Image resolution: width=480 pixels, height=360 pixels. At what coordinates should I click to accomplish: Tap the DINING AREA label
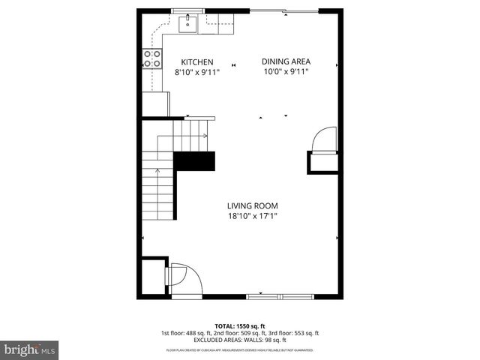tap(286, 62)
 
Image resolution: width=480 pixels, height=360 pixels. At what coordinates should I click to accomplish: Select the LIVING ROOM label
tap(253, 205)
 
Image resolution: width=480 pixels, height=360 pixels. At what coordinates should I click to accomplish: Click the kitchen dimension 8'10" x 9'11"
tap(196, 73)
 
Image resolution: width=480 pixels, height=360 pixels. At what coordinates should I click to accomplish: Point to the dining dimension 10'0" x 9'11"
tap(286, 73)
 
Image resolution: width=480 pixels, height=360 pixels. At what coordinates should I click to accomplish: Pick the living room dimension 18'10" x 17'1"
tap(253, 217)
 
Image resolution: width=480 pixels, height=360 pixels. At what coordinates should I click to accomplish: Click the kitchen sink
tap(187, 25)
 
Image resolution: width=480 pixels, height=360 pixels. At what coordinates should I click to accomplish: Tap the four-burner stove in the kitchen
tap(153, 58)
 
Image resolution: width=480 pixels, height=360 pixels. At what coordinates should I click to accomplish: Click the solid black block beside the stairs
tap(194, 163)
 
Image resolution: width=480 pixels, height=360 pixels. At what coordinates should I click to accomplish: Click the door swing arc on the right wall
tap(323, 139)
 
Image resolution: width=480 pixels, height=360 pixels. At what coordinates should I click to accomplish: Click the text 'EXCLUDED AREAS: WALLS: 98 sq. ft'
tap(240, 340)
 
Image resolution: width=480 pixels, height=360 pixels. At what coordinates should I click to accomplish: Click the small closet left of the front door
tap(153, 275)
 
